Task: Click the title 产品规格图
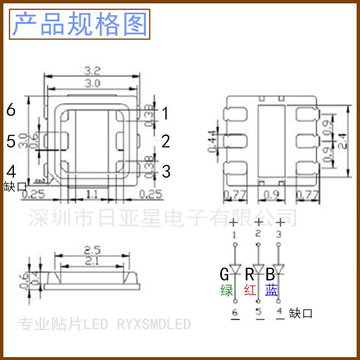(80, 24)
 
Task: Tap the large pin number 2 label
(166, 142)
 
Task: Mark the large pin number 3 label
(166, 171)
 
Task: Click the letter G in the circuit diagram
(225, 275)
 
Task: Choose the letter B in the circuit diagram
(270, 275)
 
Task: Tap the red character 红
(250, 290)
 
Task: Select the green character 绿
(227, 290)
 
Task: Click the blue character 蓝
(271, 290)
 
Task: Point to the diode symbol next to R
(259, 269)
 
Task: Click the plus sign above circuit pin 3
(280, 222)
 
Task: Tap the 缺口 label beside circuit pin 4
(301, 313)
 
